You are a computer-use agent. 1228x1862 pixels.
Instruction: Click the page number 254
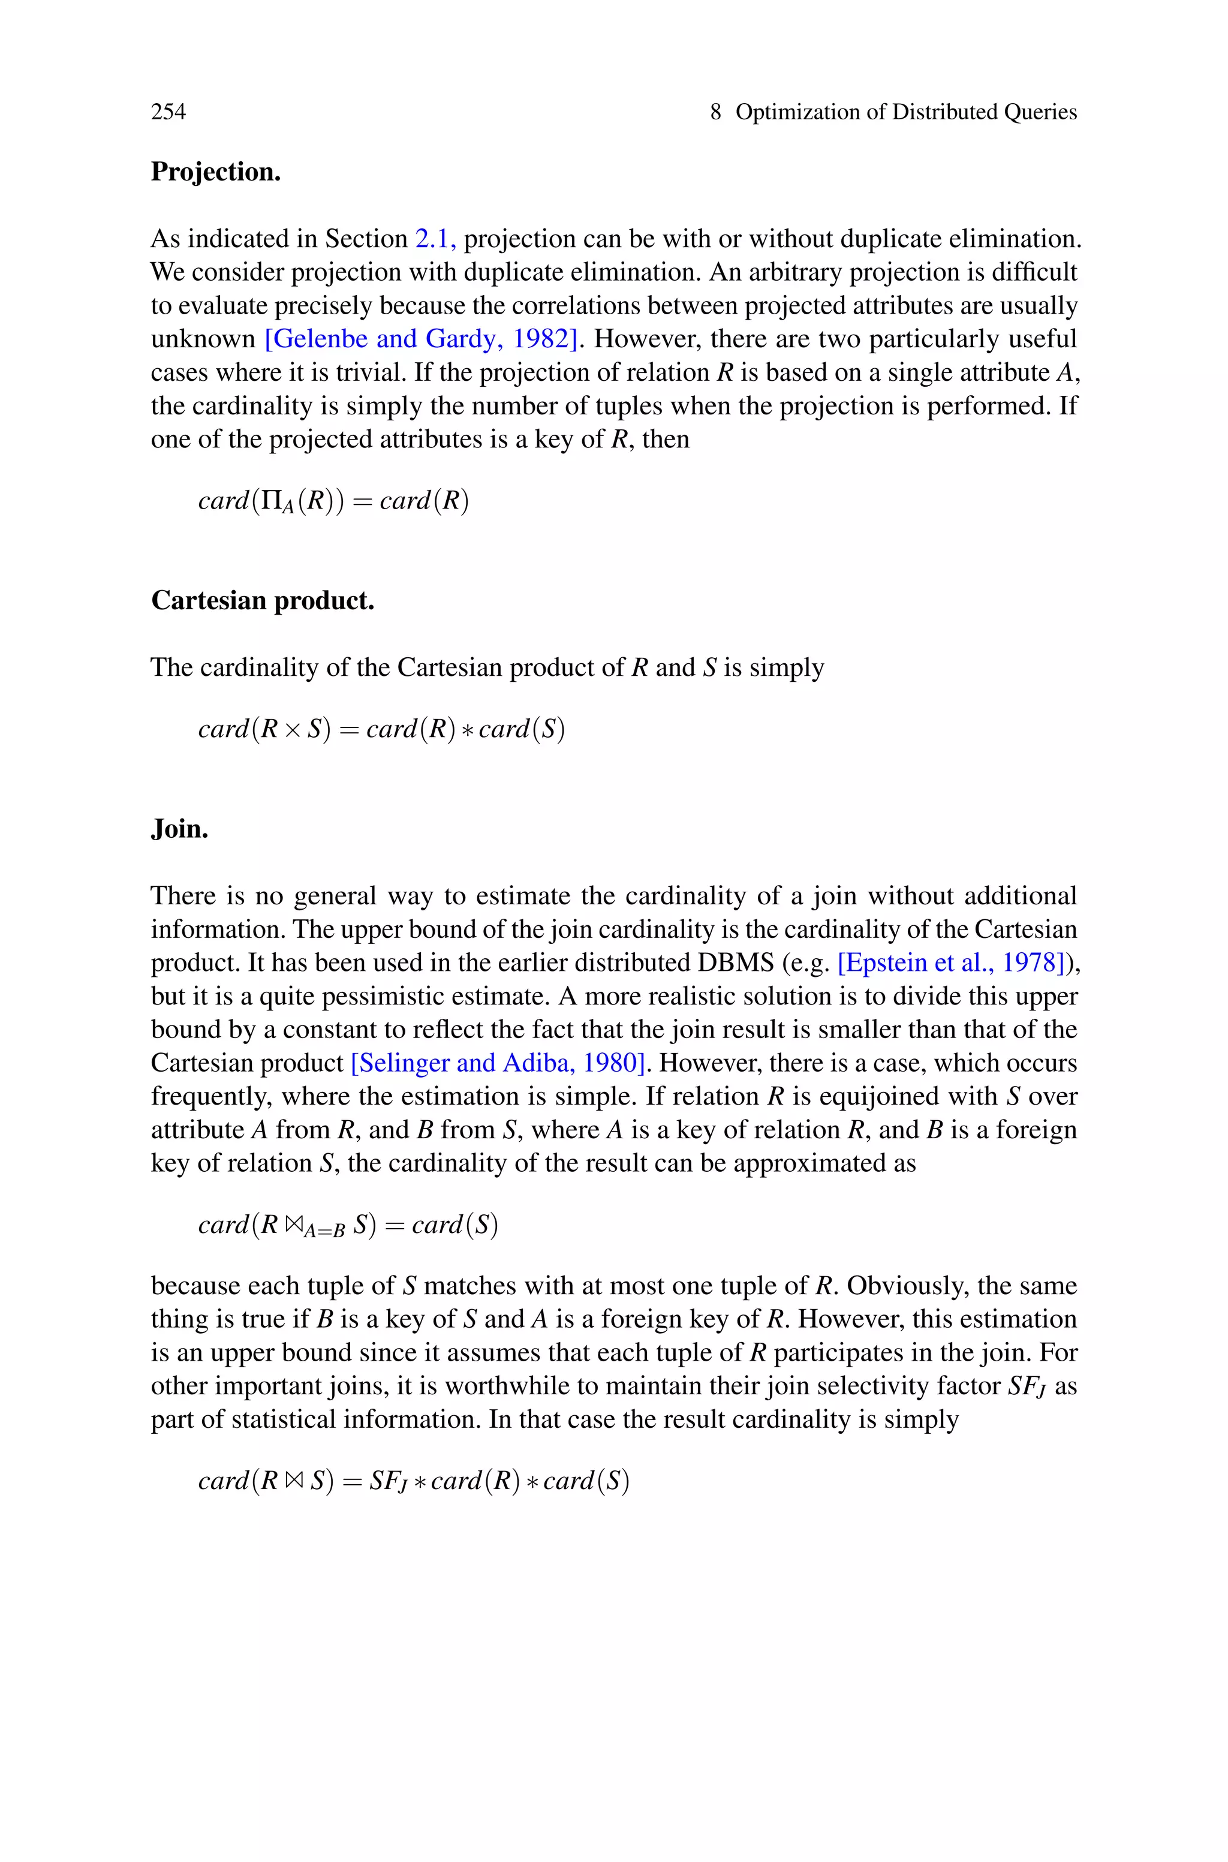point(168,112)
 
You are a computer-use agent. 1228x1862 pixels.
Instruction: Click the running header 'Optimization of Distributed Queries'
point(906,112)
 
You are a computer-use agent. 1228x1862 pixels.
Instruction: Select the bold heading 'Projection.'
point(215,172)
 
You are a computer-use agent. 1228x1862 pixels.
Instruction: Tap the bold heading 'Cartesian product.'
point(263,600)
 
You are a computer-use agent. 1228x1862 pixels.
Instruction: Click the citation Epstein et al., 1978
point(951,962)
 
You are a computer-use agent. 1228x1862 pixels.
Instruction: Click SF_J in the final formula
point(388,1481)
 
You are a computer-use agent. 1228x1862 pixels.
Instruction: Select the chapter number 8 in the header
point(715,112)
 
